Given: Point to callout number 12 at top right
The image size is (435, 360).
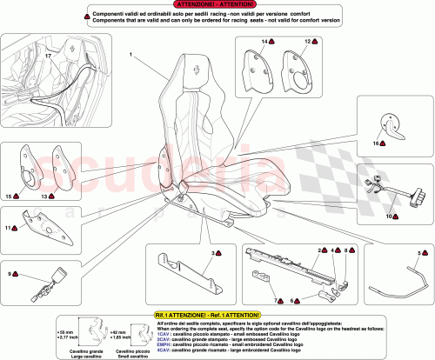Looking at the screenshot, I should (307, 42).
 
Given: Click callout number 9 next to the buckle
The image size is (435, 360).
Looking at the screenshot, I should (11, 275).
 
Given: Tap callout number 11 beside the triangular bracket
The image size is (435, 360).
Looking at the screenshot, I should (11, 228).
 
